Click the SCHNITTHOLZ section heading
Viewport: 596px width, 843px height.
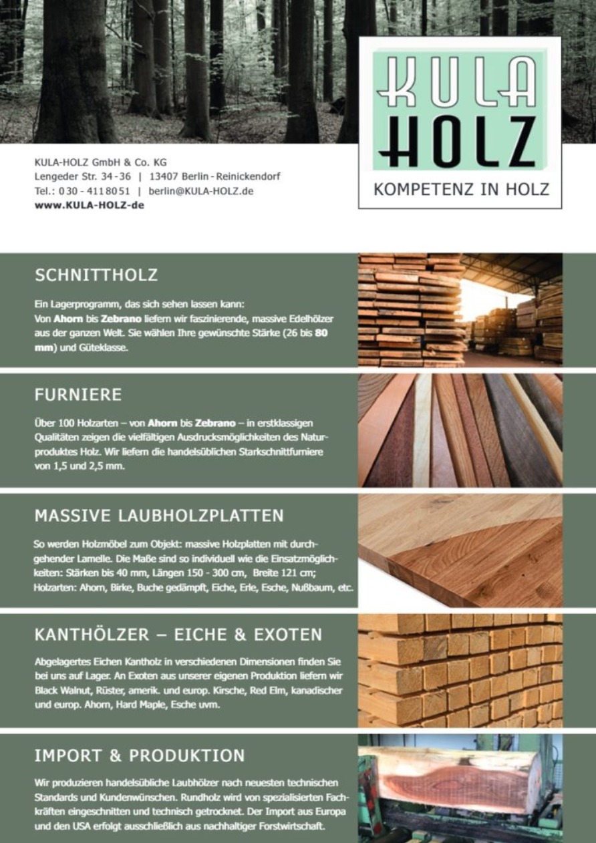[96, 275]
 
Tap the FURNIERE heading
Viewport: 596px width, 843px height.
[78, 395]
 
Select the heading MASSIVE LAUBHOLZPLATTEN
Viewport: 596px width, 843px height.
[159, 516]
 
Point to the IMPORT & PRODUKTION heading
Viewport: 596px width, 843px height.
[140, 755]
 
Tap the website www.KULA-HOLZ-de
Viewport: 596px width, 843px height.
[89, 205]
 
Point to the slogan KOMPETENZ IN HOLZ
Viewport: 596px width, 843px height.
[461, 189]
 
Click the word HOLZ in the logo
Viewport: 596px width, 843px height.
[461, 142]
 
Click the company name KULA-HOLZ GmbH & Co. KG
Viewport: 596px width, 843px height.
[101, 162]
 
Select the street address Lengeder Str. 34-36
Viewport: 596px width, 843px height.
[82, 176]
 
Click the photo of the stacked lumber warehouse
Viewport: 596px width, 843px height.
[460, 309]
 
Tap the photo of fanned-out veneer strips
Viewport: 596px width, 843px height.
[460, 430]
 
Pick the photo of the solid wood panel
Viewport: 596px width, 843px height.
[460, 550]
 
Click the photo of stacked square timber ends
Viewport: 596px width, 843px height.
[460, 671]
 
